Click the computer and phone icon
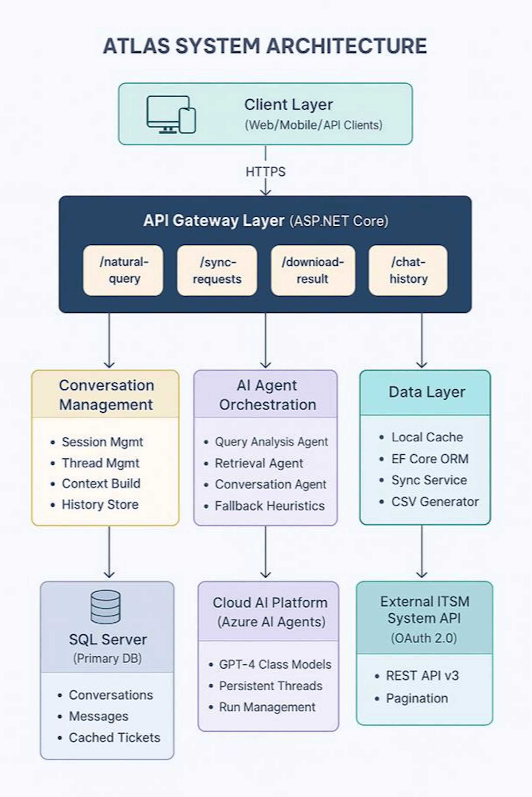pos(171,115)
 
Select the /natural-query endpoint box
pos(123,270)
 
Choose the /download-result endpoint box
pos(313,270)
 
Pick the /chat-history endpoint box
pos(408,270)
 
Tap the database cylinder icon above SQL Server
pos(106,607)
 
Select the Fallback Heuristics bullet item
pos(269,506)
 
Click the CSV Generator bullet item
pos(435,502)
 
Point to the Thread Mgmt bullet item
pos(100,463)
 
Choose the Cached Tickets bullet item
pos(114,737)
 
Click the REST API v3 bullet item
pos(422,676)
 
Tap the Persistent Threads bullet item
pos(270,686)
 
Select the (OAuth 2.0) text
pos(424,638)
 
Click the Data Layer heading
pos(426,392)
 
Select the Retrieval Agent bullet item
pos(259,463)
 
